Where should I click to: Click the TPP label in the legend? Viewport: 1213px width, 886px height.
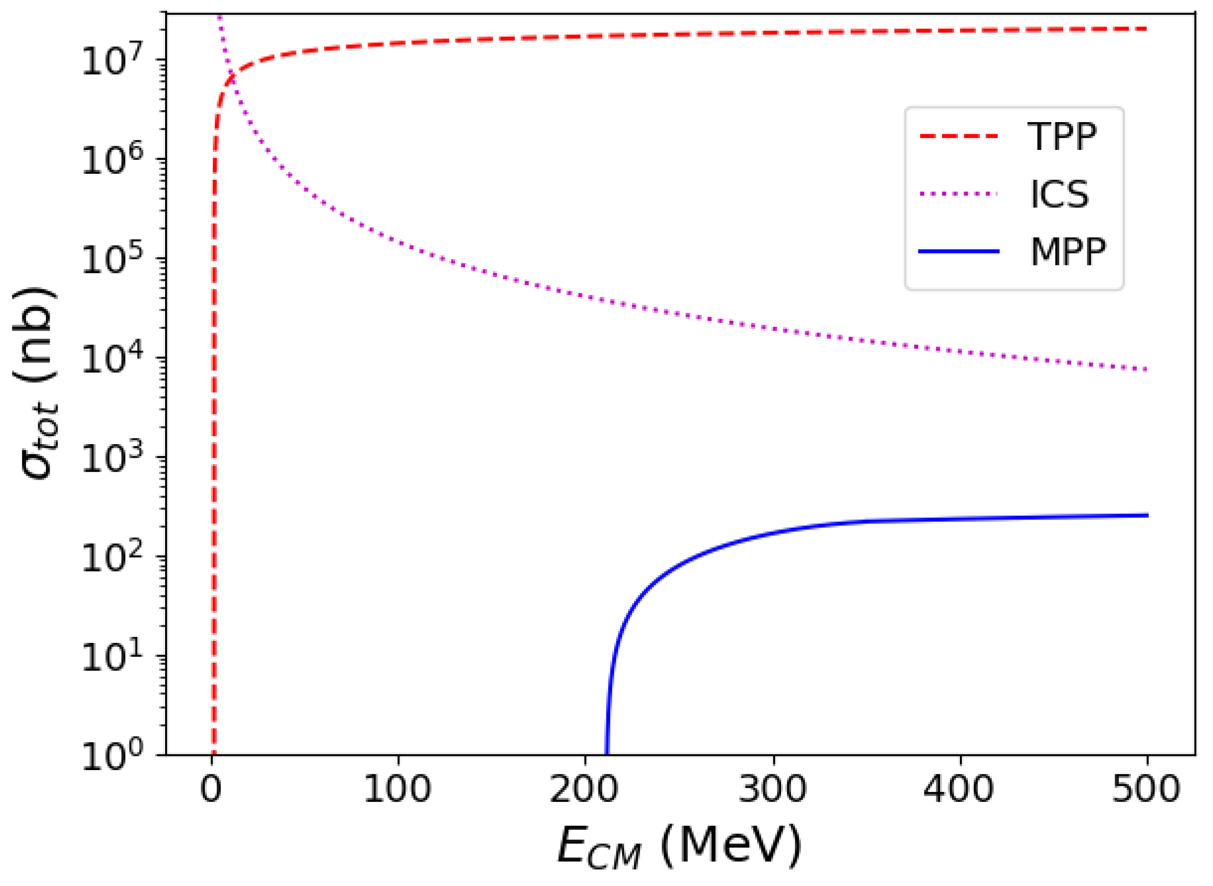[x=1061, y=137]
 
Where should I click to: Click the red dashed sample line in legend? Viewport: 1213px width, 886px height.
[x=958, y=137]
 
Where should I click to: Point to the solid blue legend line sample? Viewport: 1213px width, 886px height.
[x=958, y=251]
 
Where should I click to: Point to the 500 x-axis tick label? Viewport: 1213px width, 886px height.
[x=1146, y=790]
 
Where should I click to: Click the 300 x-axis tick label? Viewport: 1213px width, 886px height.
[x=773, y=790]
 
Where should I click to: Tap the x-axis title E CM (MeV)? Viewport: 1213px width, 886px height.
[x=679, y=846]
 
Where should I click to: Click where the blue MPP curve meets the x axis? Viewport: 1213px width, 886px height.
[x=607, y=754]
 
